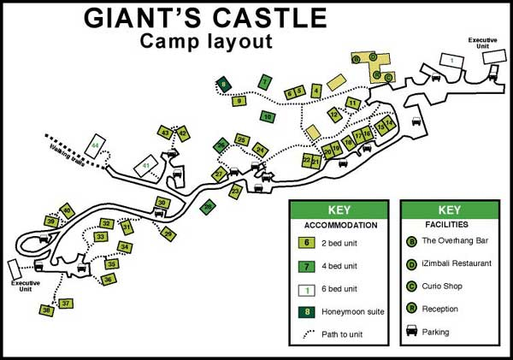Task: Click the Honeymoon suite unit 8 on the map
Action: [x=223, y=84]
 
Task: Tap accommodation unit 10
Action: [x=268, y=116]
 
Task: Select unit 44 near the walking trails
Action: [x=96, y=142]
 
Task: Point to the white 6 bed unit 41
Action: [x=147, y=164]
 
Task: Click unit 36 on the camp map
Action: [x=108, y=279]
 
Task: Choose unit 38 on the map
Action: [x=47, y=310]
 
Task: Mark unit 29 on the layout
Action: [x=168, y=233]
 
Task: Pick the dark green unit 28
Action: [x=207, y=206]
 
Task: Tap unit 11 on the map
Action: [x=351, y=103]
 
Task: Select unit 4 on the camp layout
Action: [x=316, y=90]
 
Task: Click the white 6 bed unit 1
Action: [x=449, y=60]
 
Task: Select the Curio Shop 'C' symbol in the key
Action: [x=412, y=286]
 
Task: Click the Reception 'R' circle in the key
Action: [x=412, y=309]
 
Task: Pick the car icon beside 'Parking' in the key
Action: [x=412, y=331]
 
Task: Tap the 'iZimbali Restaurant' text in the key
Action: [x=457, y=263]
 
